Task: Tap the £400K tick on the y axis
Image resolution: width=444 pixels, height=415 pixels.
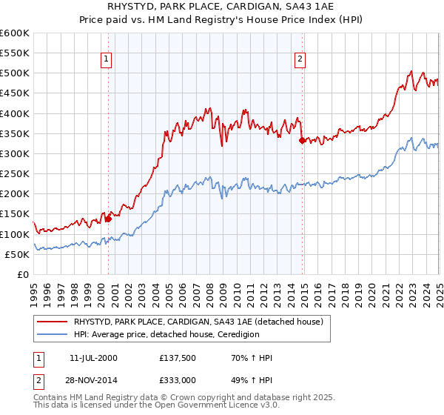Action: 15,113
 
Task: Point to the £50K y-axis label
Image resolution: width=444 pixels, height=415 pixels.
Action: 17,254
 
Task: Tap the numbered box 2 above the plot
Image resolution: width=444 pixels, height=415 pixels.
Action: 300,60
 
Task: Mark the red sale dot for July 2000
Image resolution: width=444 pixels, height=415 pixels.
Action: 108,219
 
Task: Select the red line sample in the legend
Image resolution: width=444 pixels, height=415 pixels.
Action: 53,322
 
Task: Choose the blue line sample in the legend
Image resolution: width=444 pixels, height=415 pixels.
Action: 53,334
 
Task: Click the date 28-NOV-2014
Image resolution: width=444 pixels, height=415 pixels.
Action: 94,379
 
